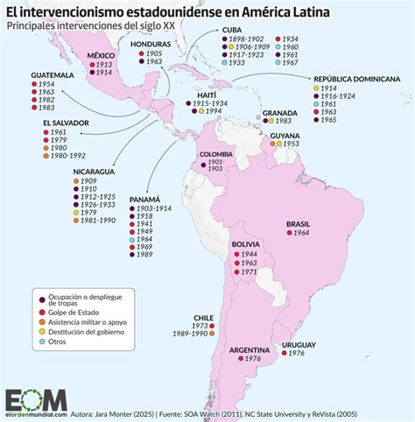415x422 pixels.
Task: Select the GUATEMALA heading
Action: (52, 75)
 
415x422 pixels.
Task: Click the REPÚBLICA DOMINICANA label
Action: (357, 79)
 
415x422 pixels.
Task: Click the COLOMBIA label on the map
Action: (217, 154)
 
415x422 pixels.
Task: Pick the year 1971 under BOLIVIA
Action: (248, 272)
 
